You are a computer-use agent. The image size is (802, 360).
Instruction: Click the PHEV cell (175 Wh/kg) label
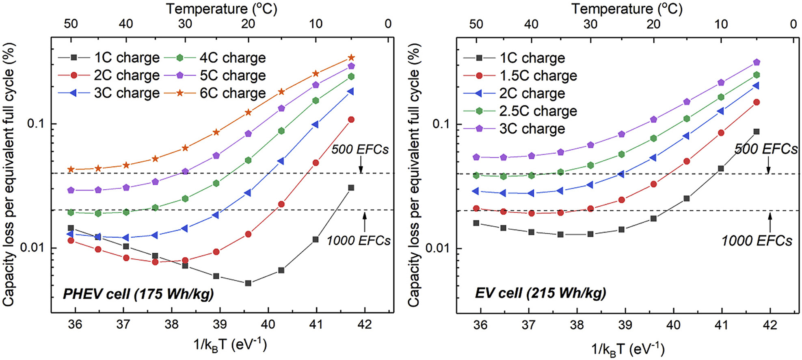click(x=138, y=293)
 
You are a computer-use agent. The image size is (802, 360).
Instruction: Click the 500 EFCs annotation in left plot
click(x=360, y=149)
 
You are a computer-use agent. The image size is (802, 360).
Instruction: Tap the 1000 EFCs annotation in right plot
click(x=757, y=241)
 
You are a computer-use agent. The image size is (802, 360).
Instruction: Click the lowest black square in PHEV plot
click(x=248, y=283)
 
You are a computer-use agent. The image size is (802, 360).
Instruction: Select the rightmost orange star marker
click(x=352, y=58)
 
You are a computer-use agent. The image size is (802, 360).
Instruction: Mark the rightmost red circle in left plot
click(x=351, y=119)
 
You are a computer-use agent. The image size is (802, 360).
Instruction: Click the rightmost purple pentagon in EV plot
click(x=757, y=62)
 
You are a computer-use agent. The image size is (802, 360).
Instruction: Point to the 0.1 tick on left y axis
click(x=35, y=123)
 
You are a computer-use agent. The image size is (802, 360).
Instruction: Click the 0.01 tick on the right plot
click(x=440, y=248)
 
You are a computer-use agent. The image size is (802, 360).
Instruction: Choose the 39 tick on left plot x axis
click(x=220, y=324)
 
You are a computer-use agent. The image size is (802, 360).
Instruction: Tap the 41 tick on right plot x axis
click(x=721, y=325)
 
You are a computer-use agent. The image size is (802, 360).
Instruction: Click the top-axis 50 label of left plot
click(x=71, y=24)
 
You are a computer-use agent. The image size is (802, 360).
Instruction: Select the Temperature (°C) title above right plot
click(x=627, y=9)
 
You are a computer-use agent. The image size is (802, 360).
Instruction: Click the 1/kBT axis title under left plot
click(x=230, y=345)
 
